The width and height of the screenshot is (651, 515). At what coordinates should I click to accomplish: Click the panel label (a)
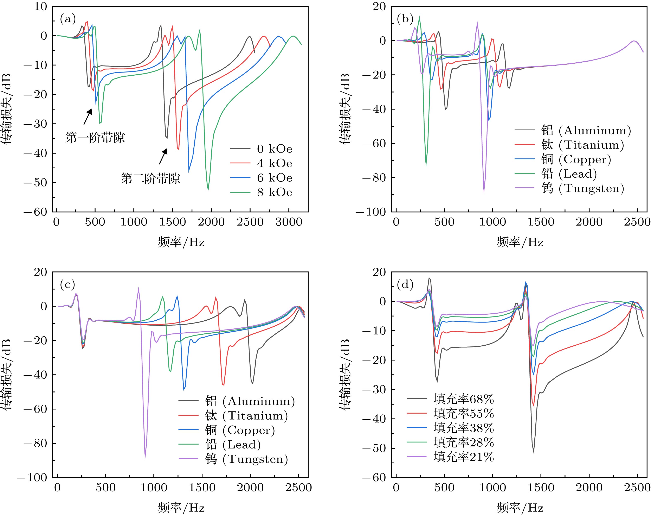tap(68, 19)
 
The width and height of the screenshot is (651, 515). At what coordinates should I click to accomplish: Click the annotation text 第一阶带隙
tap(95, 138)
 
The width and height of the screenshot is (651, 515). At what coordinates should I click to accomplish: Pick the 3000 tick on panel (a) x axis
tap(289, 222)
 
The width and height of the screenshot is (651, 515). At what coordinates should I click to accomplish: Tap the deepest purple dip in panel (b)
tap(484, 192)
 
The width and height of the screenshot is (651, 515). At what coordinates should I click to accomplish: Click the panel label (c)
tap(68, 284)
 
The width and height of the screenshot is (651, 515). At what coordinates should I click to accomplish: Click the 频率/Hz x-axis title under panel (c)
tap(181, 508)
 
